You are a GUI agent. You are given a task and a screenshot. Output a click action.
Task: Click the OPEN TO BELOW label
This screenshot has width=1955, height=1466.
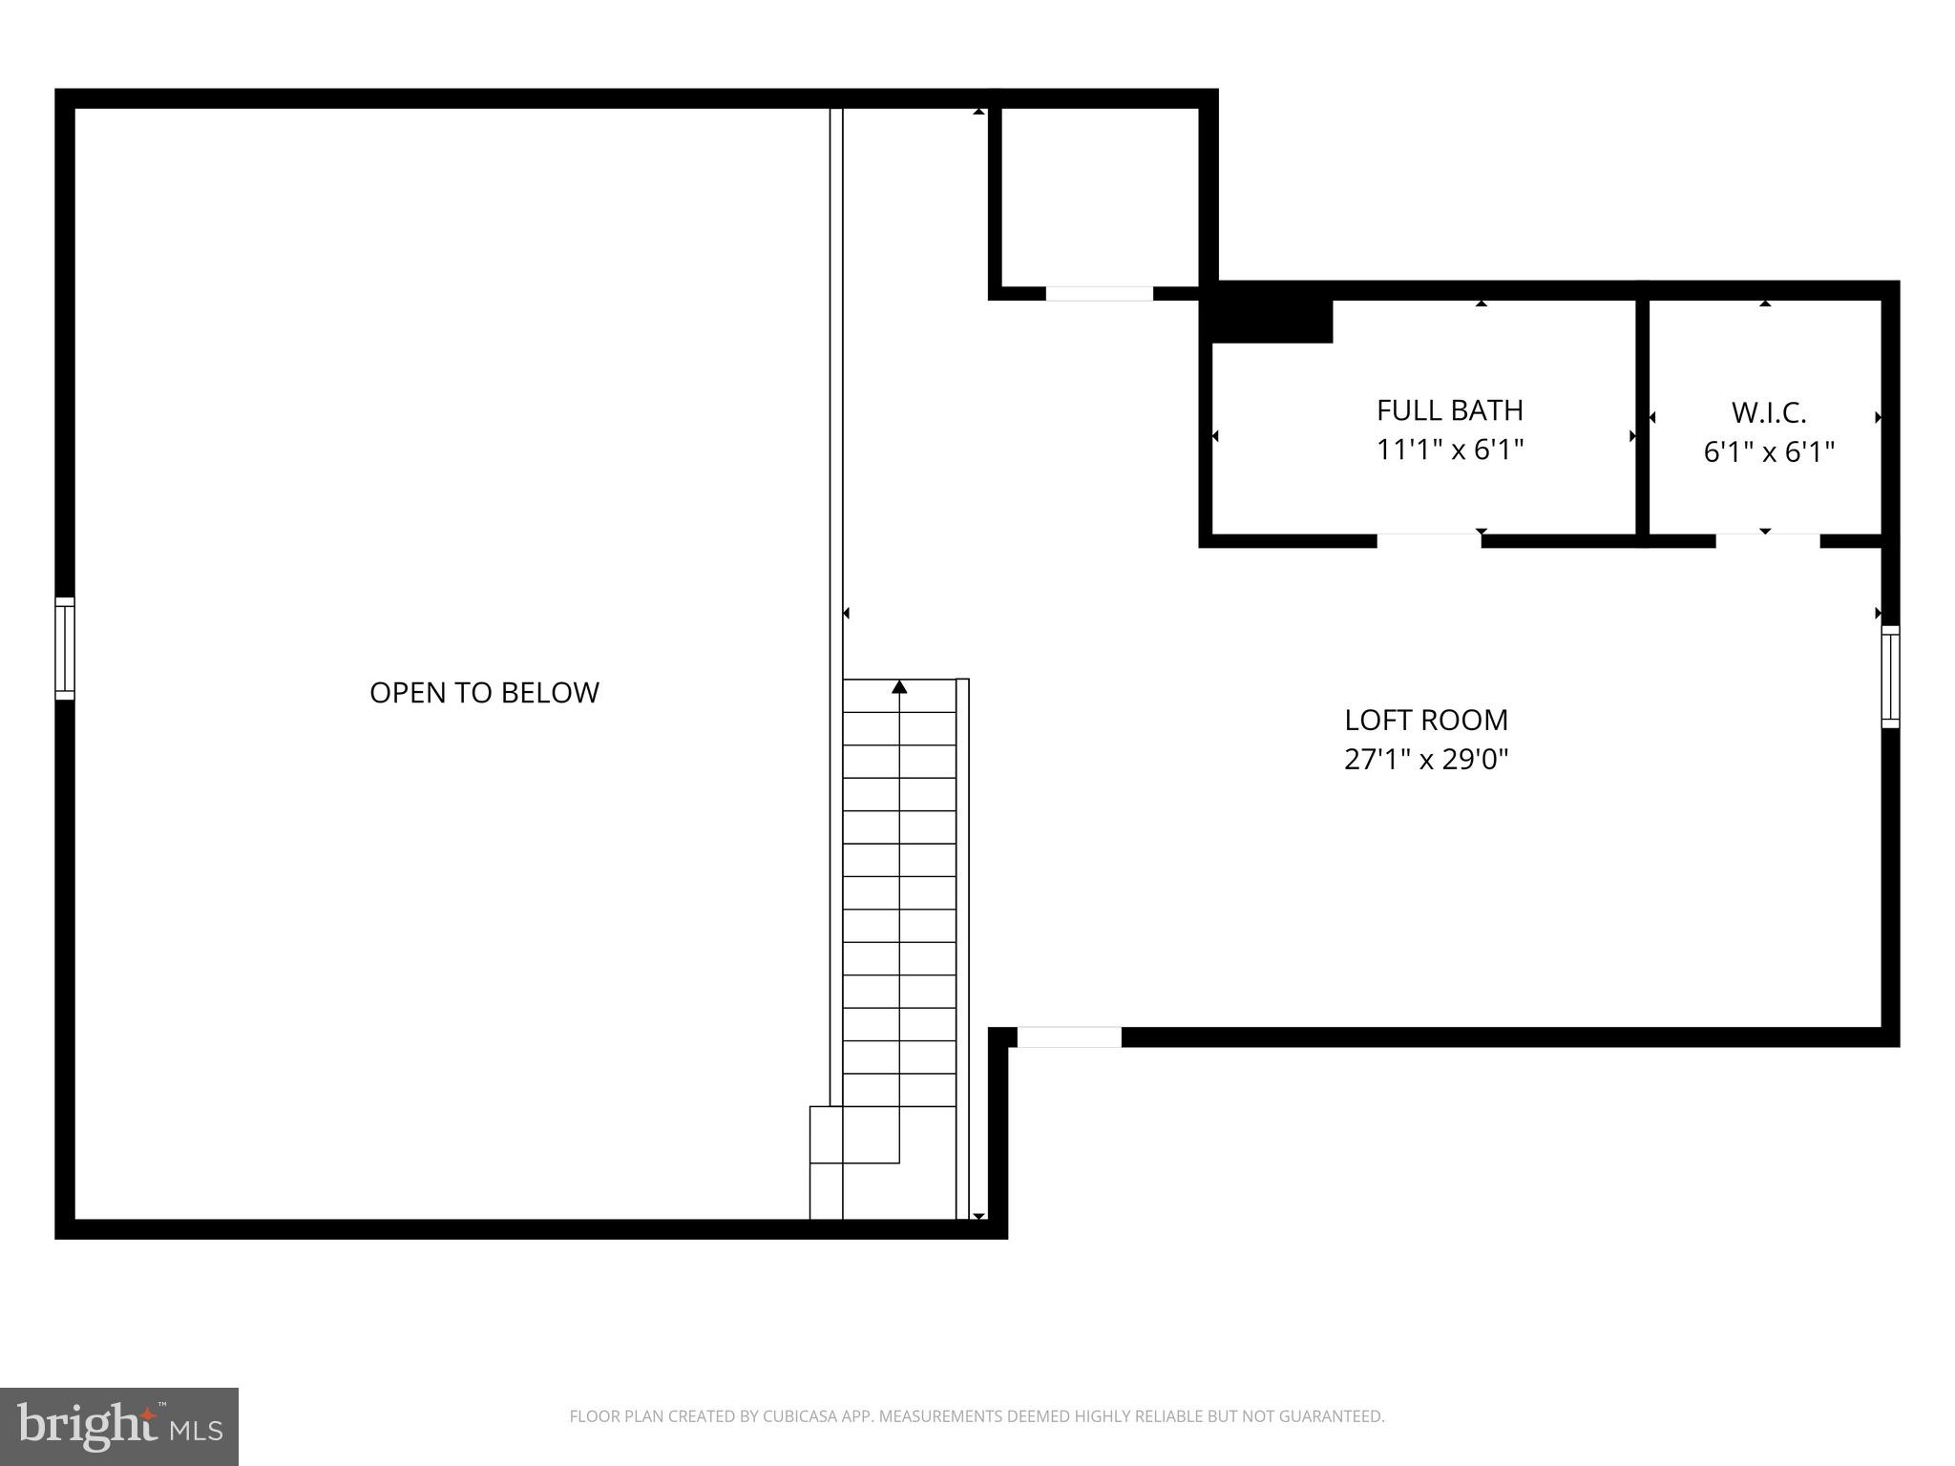pyautogui.click(x=484, y=692)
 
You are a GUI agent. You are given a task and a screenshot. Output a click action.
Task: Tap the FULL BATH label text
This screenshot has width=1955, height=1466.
pyautogui.click(x=1449, y=410)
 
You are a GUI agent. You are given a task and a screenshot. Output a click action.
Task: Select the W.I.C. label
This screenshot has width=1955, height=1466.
pyautogui.click(x=1769, y=413)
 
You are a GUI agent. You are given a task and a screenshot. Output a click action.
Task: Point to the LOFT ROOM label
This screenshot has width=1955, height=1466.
pyautogui.click(x=1426, y=720)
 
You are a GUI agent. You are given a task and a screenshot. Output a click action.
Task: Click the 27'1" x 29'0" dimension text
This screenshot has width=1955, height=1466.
pyautogui.click(x=1426, y=760)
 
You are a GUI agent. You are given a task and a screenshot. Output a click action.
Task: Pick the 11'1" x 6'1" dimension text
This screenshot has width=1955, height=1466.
pyautogui.click(x=1449, y=450)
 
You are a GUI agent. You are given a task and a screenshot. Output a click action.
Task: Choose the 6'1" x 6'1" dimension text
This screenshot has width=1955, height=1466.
pyautogui.click(x=1769, y=452)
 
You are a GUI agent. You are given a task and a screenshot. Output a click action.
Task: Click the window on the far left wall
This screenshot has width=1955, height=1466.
pyautogui.click(x=64, y=648)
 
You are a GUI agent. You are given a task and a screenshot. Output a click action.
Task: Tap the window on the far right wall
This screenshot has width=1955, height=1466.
pyautogui.click(x=1890, y=677)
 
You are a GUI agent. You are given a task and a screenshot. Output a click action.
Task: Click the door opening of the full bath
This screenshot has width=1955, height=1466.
pyautogui.click(x=1429, y=540)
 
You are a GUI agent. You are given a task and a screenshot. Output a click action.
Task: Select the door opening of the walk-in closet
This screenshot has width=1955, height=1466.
pyautogui.click(x=1767, y=540)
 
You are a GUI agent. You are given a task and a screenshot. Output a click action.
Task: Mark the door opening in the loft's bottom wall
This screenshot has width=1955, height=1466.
pyautogui.click(x=1069, y=1037)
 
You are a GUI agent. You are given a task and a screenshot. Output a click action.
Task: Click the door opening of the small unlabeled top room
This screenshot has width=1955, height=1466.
pyautogui.click(x=1099, y=293)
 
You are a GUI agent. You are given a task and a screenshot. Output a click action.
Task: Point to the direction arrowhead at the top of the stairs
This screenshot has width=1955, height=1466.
pyautogui.click(x=899, y=687)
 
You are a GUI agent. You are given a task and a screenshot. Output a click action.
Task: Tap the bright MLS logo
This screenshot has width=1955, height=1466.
pyautogui.click(x=119, y=1426)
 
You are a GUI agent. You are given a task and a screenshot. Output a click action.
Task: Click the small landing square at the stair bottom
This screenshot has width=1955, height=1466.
pyautogui.click(x=827, y=1135)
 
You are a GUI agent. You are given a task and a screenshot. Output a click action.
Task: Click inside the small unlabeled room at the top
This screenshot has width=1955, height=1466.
pyautogui.click(x=1099, y=196)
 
